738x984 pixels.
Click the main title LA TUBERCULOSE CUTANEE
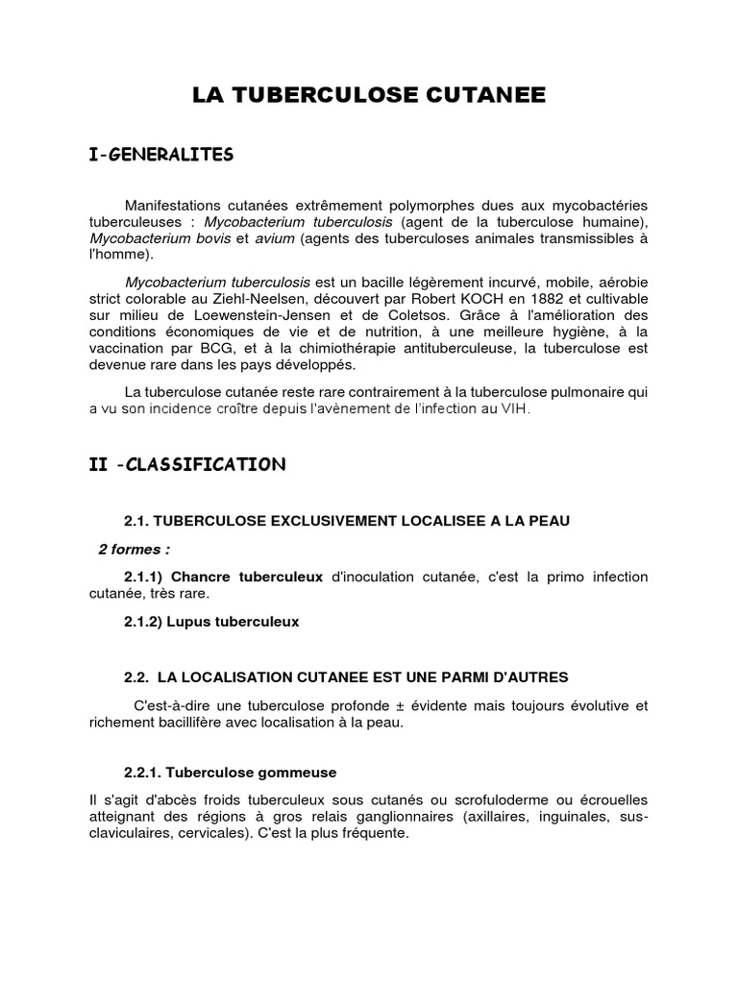pyautogui.click(x=369, y=94)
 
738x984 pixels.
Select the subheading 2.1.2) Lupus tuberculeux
pyautogui.click(x=211, y=622)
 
